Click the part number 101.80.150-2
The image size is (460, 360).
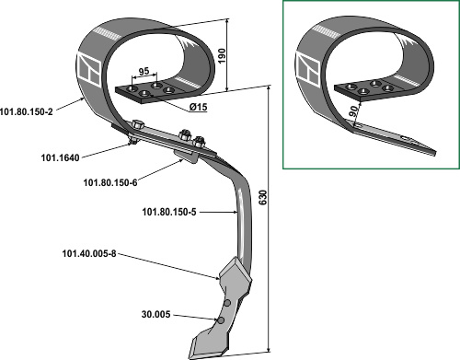coord(27,111)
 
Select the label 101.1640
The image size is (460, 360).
coord(60,157)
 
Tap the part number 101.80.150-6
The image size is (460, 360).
coord(110,182)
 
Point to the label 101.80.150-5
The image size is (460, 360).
coord(169,212)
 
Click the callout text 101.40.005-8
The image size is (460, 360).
coord(89,254)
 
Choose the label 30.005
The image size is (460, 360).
coord(155,315)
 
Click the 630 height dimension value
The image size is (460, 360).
coord(263,198)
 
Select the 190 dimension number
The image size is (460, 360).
coord(221,55)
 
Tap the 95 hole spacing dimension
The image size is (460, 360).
coord(144,71)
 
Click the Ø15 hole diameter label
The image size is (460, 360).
coord(198,107)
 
